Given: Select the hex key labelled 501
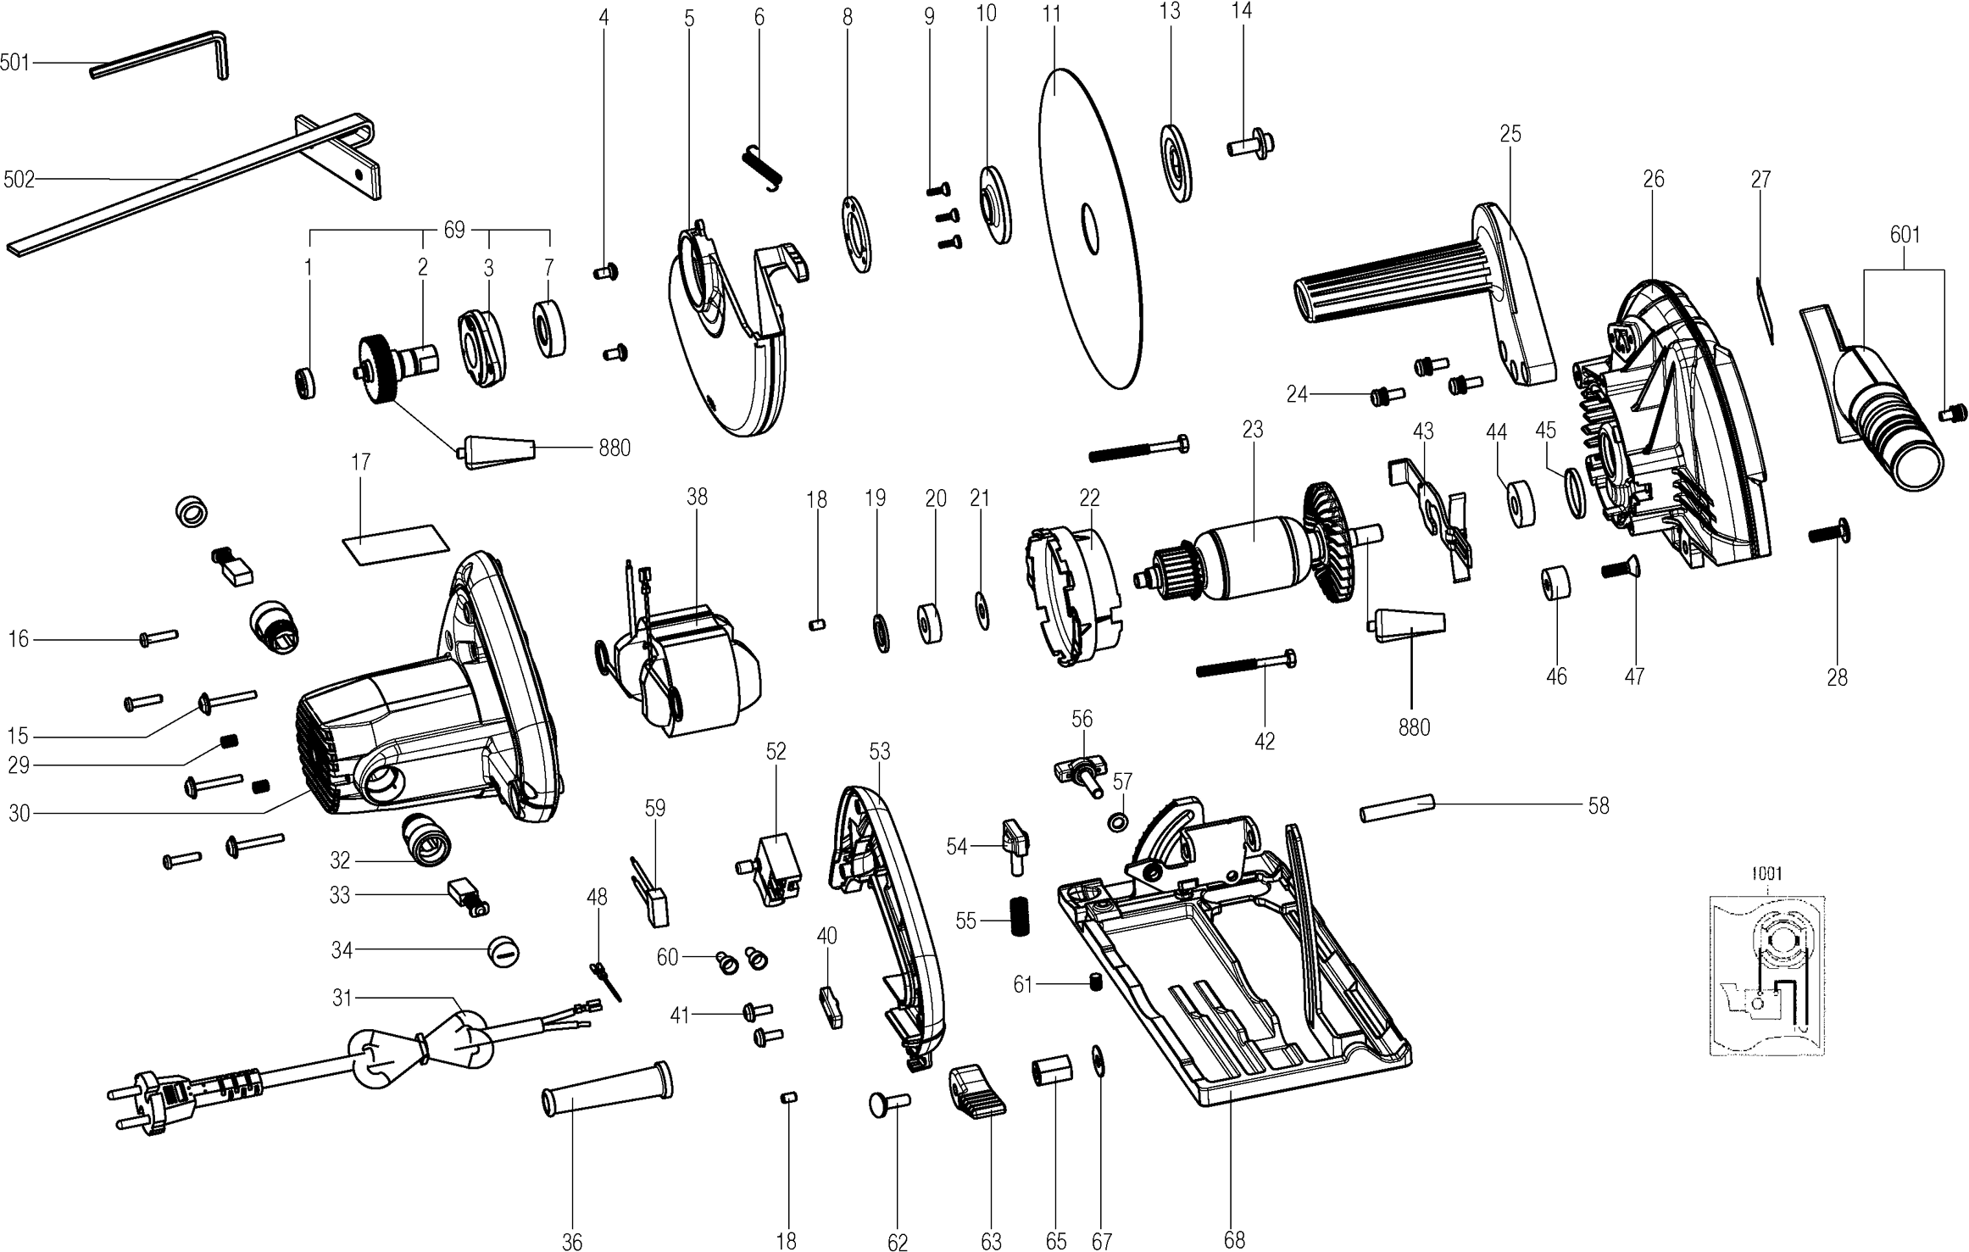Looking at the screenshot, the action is [161, 56].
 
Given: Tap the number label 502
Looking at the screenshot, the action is [18, 179].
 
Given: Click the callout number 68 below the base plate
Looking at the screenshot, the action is [1234, 1241].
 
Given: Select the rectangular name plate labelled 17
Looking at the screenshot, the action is [395, 543].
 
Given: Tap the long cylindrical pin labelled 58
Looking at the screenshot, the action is [1396, 808].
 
